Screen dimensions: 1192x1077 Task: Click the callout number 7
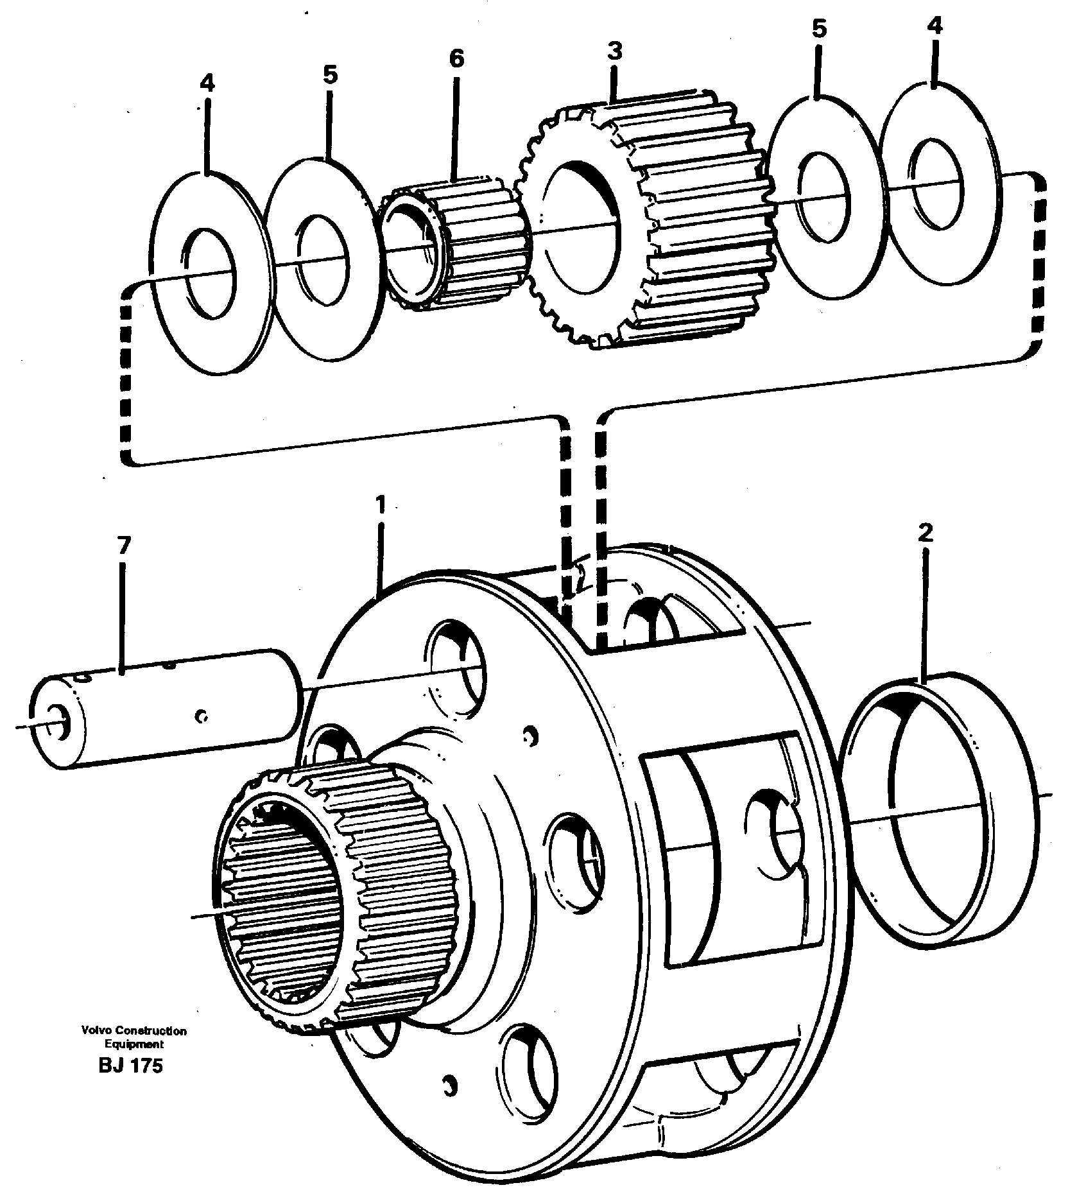click(123, 547)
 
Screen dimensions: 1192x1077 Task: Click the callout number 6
click(456, 58)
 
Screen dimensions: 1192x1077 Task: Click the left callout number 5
click(329, 74)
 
